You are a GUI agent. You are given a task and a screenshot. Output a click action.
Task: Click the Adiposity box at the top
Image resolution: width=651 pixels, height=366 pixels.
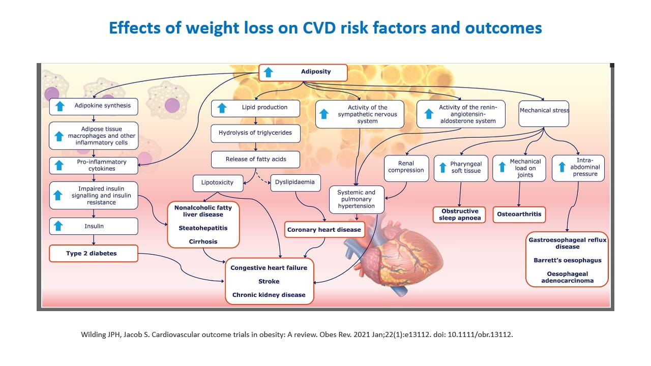[x=303, y=73]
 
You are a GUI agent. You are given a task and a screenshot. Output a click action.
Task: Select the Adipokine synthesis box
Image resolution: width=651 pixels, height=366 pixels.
[x=93, y=106]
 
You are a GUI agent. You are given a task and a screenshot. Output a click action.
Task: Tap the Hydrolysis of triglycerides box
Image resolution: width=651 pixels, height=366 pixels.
[x=255, y=133]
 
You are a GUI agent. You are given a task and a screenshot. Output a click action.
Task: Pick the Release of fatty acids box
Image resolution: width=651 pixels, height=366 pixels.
[x=255, y=160]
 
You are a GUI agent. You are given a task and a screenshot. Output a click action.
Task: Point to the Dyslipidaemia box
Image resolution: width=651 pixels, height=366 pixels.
[x=295, y=182]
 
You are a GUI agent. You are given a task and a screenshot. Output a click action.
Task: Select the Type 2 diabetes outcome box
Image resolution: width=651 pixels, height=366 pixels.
[x=93, y=253]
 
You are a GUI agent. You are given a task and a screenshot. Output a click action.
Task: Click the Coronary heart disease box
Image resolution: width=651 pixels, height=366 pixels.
[x=324, y=230]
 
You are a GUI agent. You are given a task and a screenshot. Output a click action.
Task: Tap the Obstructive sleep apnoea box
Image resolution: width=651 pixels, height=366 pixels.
[x=460, y=215]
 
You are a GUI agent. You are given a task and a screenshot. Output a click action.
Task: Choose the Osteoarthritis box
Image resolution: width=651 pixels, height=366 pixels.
[x=519, y=215]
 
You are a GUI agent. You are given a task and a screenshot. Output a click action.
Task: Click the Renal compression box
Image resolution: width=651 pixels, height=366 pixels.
[x=405, y=167]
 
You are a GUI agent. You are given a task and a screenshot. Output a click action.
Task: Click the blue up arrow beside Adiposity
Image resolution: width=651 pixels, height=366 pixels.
[x=269, y=73]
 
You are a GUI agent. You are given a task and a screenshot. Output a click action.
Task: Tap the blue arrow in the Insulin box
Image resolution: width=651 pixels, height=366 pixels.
[x=59, y=226]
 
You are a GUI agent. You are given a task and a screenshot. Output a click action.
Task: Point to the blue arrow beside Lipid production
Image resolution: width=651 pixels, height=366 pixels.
[x=221, y=108]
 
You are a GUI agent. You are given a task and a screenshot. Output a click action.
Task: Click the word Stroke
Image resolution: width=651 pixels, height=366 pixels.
[x=269, y=281]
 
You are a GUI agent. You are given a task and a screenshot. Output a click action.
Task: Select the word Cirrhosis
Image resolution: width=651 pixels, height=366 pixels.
[x=203, y=241]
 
